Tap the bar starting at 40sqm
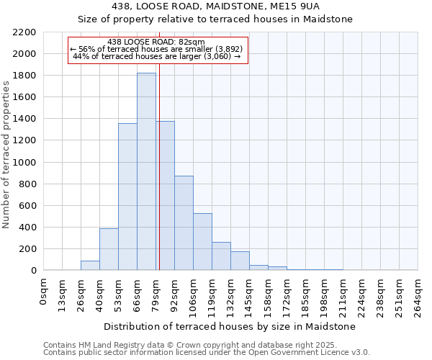(x=109, y=249)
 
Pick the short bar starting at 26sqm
(x=90, y=266)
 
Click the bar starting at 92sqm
(x=184, y=223)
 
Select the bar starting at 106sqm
(x=202, y=242)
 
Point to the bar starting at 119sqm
(x=221, y=256)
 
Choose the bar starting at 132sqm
(x=240, y=261)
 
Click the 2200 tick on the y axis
(x=24, y=32)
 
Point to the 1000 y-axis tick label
(x=24, y=163)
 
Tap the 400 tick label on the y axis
(x=27, y=228)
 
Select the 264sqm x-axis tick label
(x=418, y=295)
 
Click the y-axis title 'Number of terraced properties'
(x=6, y=154)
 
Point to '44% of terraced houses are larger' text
(x=156, y=56)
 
